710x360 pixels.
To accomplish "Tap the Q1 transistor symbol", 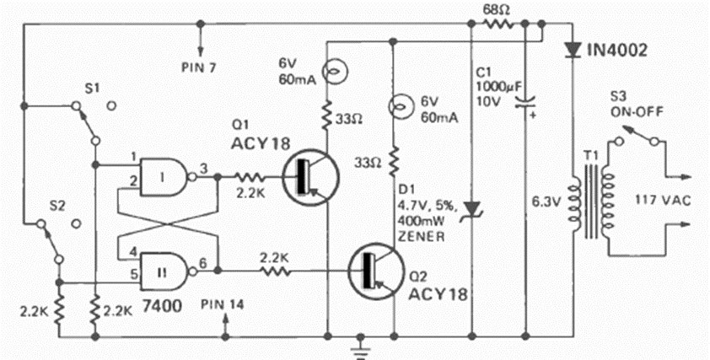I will (x=308, y=179).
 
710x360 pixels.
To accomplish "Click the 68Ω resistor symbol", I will (x=498, y=25).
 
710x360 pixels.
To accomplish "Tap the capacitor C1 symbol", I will (x=525, y=101).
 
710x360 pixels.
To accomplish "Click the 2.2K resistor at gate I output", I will (x=250, y=178).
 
